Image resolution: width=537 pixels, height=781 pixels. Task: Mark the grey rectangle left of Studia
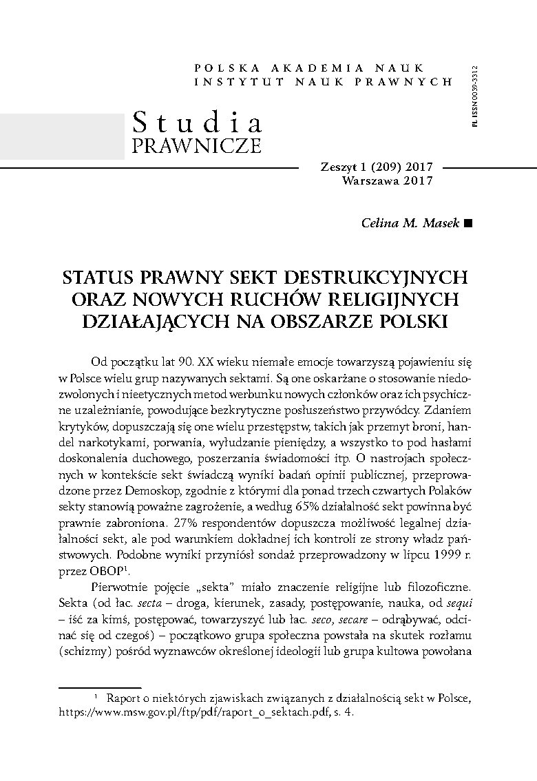click(x=62, y=136)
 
